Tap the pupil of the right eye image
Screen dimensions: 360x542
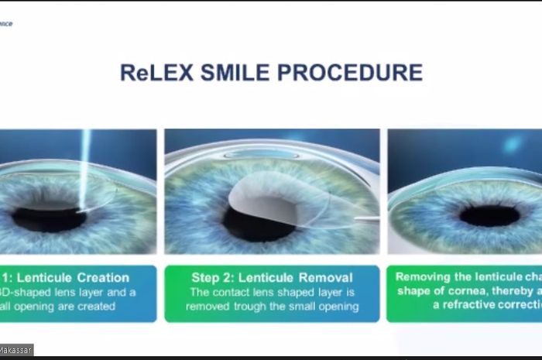(x=489, y=215)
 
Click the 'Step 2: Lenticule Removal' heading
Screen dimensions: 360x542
(x=272, y=277)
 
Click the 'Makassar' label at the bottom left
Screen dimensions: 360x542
(x=15, y=350)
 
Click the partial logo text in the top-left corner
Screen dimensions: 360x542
(x=6, y=23)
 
